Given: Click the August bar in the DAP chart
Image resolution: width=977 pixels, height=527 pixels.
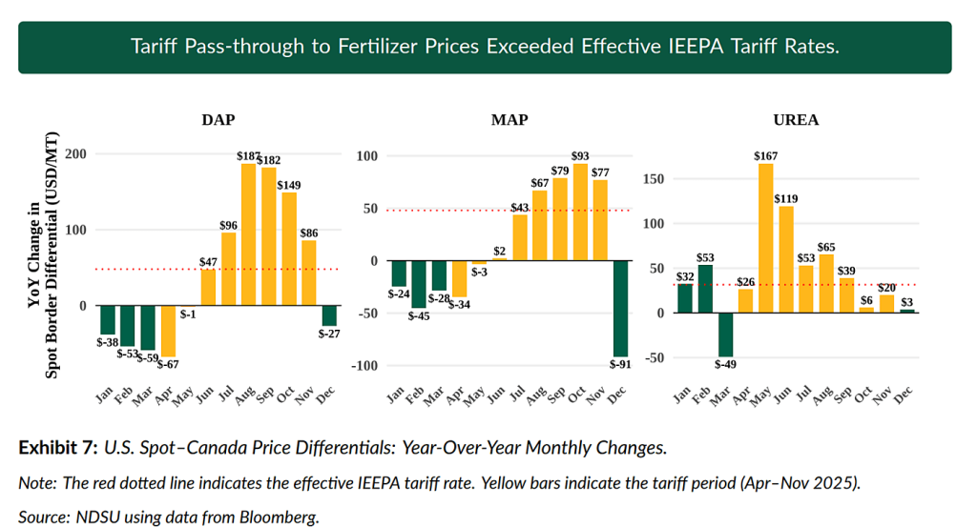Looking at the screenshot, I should coord(248,234).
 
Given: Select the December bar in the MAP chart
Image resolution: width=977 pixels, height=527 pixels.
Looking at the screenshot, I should coord(620,308).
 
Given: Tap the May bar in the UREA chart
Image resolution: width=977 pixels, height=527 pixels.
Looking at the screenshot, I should coord(765,238).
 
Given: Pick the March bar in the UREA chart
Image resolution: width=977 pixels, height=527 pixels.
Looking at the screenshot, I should coord(725,334).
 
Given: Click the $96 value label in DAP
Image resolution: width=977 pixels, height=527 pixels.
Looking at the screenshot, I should coord(229,226).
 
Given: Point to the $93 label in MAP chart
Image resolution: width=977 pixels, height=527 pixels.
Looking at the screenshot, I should coord(580,156).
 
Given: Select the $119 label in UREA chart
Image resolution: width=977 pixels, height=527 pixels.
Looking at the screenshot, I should coord(786,199).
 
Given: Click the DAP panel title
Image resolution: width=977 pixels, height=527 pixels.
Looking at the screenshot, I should coord(218,120).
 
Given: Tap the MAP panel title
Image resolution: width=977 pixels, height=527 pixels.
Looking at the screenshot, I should coord(509,120).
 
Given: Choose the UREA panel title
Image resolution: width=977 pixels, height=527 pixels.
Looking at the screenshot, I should coord(795,120).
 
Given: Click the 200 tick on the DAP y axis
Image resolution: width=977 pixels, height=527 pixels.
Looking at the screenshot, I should coord(75,154).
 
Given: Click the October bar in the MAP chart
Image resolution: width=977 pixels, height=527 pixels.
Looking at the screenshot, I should coord(580,212).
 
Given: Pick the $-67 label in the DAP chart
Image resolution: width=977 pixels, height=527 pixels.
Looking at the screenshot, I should coord(168,364).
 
